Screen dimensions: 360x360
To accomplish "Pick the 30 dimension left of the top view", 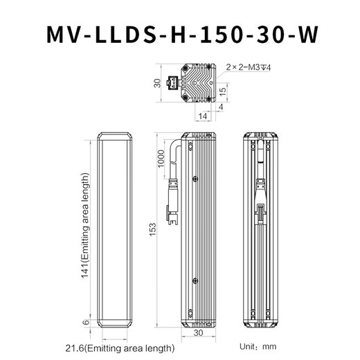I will (x=157, y=83).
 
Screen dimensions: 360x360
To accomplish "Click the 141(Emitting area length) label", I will (x=86, y=229).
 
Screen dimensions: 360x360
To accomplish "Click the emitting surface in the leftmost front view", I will (x=114, y=228).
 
